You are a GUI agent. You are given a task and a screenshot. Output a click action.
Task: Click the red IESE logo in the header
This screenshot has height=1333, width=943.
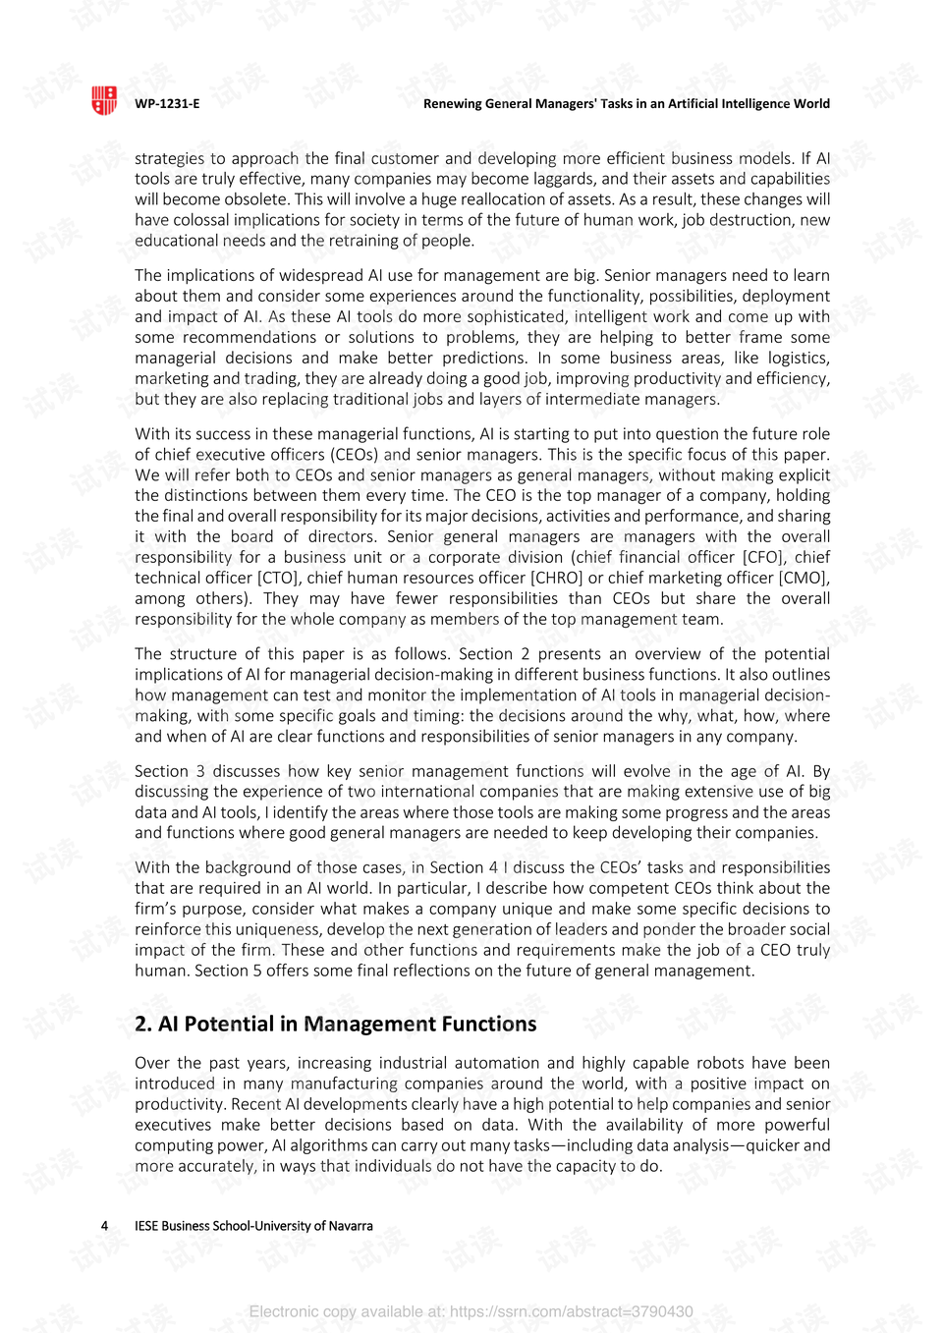104,100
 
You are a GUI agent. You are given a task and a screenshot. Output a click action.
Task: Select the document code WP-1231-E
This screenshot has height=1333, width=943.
167,104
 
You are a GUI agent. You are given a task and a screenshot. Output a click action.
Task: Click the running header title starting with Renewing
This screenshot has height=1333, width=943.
626,104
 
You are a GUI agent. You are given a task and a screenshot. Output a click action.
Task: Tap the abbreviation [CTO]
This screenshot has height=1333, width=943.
277,578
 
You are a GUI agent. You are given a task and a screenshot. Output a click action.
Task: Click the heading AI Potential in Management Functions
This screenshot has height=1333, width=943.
335,1024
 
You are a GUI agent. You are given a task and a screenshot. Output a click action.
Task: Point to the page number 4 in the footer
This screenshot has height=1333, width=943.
105,1226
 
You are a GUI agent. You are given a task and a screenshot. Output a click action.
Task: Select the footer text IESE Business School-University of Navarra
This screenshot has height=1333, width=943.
253,1226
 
